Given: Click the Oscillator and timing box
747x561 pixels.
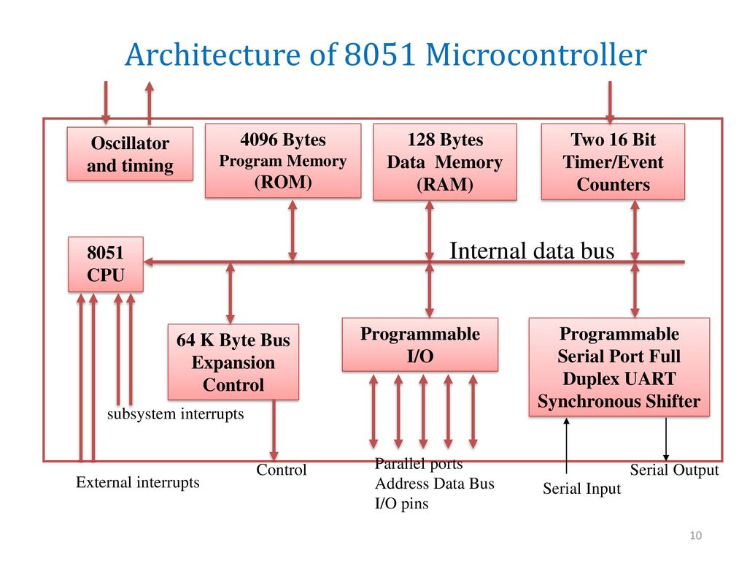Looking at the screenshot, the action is coord(130,153).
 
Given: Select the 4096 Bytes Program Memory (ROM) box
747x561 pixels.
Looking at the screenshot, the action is coord(283,161).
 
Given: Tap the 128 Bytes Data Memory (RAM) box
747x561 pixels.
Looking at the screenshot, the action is coord(445,161).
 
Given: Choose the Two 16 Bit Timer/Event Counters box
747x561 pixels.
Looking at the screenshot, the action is coord(613,161).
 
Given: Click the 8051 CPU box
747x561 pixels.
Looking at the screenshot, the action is coord(106,264).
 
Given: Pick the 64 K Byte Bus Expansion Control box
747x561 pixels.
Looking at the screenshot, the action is coord(233,362).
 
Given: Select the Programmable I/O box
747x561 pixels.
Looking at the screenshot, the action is coord(420,345).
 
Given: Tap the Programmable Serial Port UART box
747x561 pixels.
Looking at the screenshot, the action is coord(619,367).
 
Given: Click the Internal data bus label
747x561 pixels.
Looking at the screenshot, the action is coord(532,251).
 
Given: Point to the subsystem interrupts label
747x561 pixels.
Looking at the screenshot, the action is coord(175,413).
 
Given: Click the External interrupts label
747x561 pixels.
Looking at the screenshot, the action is coord(138,482).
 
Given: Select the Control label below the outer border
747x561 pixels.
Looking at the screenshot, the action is coord(282,470).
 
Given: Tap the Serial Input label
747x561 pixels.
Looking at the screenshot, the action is coord(581,489).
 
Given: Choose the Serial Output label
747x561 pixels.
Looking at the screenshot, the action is coord(674,470).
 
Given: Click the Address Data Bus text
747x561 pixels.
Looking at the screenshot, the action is coord(435,484).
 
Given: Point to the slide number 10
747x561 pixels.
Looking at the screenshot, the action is coord(695,535).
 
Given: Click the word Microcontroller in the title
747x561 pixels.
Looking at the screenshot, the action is coord(536,54).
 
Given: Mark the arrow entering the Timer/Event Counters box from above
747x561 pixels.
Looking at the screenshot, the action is coord(610,102).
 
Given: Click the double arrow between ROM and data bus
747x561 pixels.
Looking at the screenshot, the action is coord(293,230).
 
